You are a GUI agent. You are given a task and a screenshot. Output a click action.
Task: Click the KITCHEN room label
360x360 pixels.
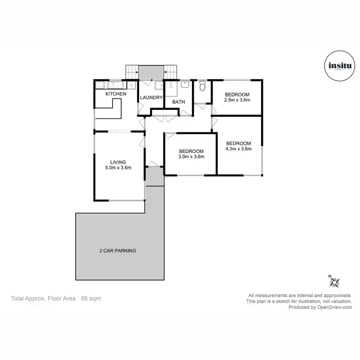pyautogui.click(x=116, y=94)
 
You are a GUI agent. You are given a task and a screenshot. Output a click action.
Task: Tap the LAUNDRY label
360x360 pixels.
pyautogui.click(x=151, y=98)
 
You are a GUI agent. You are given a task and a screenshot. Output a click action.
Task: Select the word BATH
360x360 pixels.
pyautogui.click(x=179, y=102)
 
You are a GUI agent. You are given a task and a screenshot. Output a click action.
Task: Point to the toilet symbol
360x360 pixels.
pyautogui.click(x=202, y=87)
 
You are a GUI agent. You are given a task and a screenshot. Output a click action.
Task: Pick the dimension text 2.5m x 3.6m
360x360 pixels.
pyautogui.click(x=238, y=101)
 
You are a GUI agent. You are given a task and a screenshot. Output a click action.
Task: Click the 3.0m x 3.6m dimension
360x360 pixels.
pyautogui.click(x=191, y=156)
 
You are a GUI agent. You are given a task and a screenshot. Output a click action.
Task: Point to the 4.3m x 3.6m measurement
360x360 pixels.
pyautogui.click(x=239, y=149)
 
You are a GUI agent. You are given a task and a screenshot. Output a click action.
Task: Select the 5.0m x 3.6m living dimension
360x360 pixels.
pyautogui.click(x=118, y=168)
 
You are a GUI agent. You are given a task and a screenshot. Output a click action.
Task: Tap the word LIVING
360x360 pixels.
pyautogui.click(x=118, y=162)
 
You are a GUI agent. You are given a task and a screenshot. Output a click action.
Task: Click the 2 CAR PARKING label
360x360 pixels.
pyautogui.click(x=118, y=251)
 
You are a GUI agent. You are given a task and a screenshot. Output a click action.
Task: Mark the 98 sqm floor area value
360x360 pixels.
pyautogui.click(x=92, y=298)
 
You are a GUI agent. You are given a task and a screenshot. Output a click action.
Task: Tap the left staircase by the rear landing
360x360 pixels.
pyautogui.click(x=132, y=72)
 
